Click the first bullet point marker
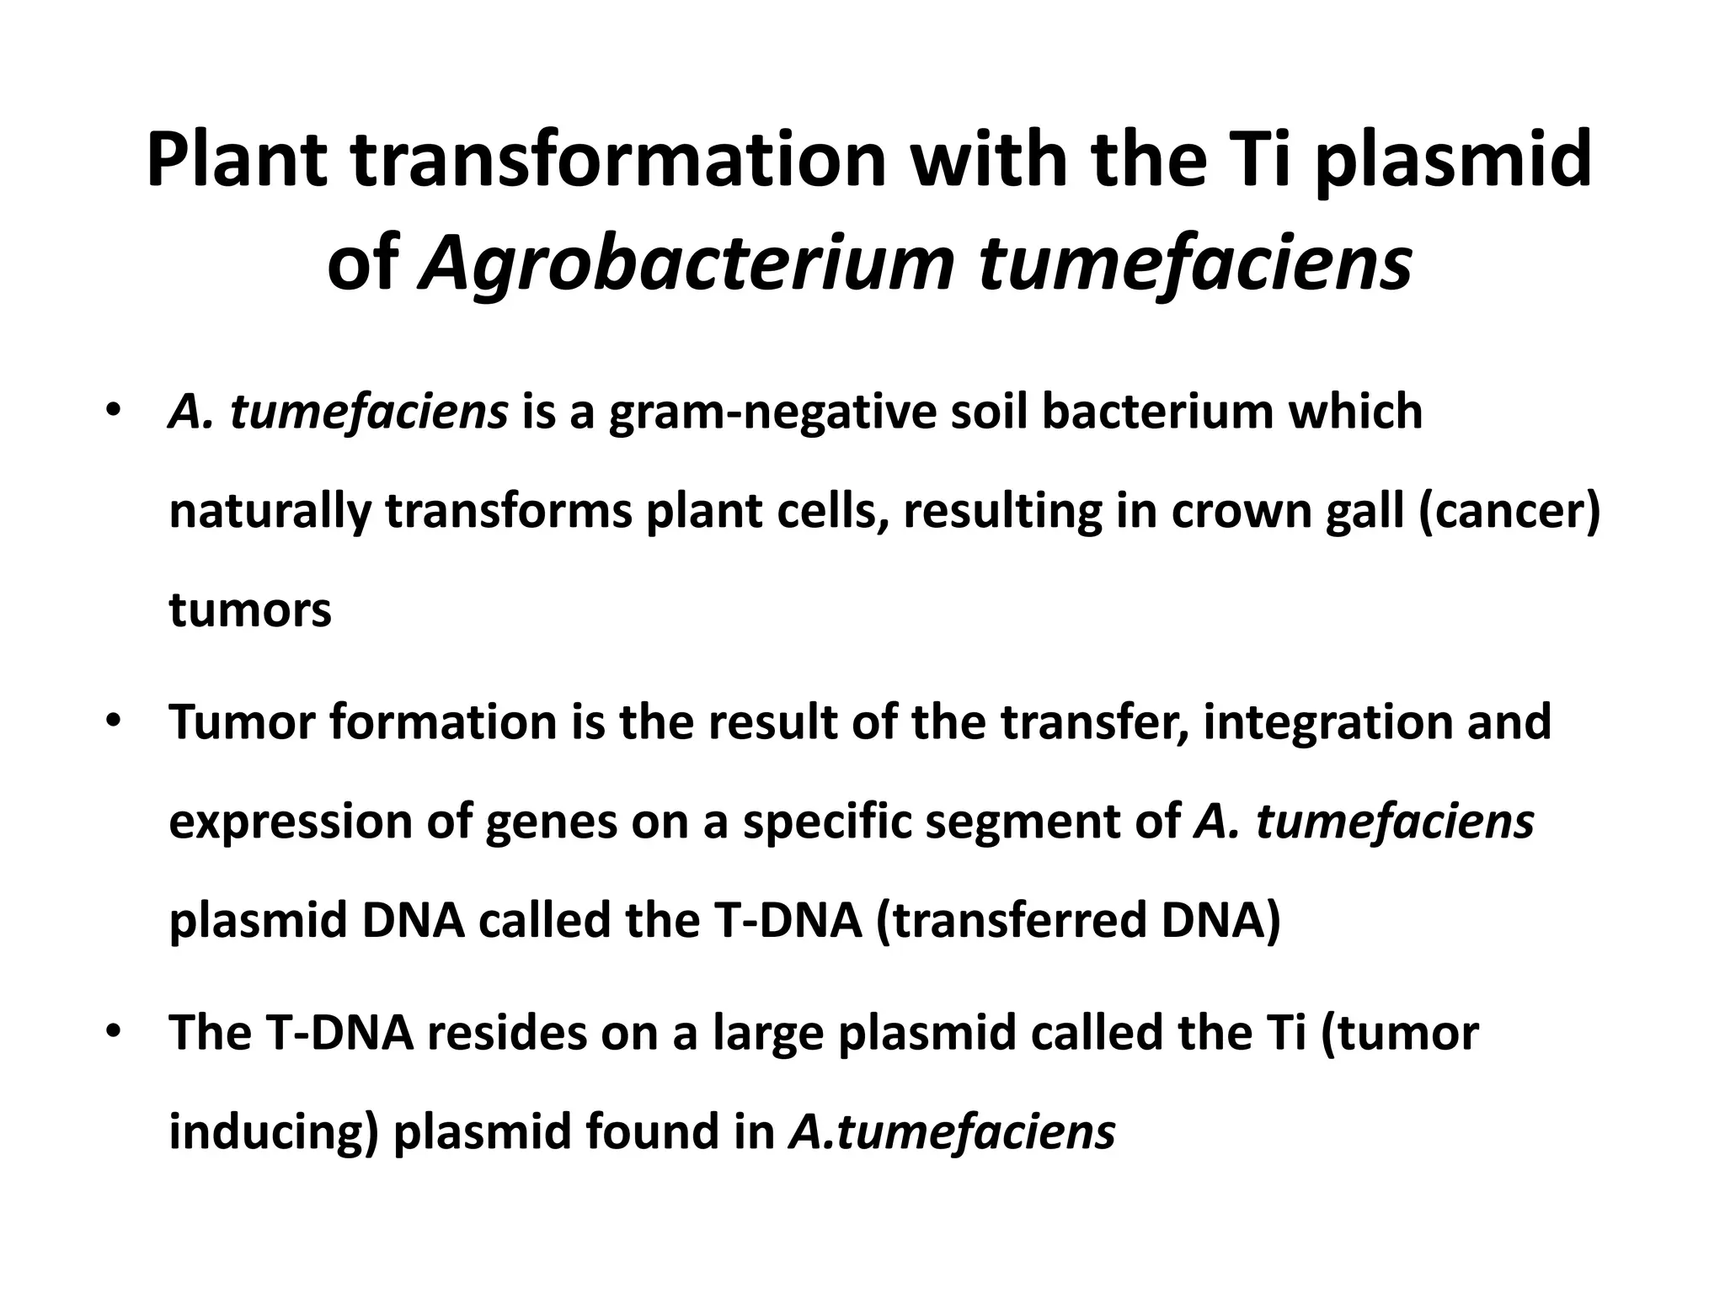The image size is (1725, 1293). point(114,412)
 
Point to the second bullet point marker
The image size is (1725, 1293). point(114,722)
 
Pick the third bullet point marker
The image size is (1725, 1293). point(114,1032)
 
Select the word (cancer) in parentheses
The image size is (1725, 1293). point(1509,512)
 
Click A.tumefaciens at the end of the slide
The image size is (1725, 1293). point(952,1131)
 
